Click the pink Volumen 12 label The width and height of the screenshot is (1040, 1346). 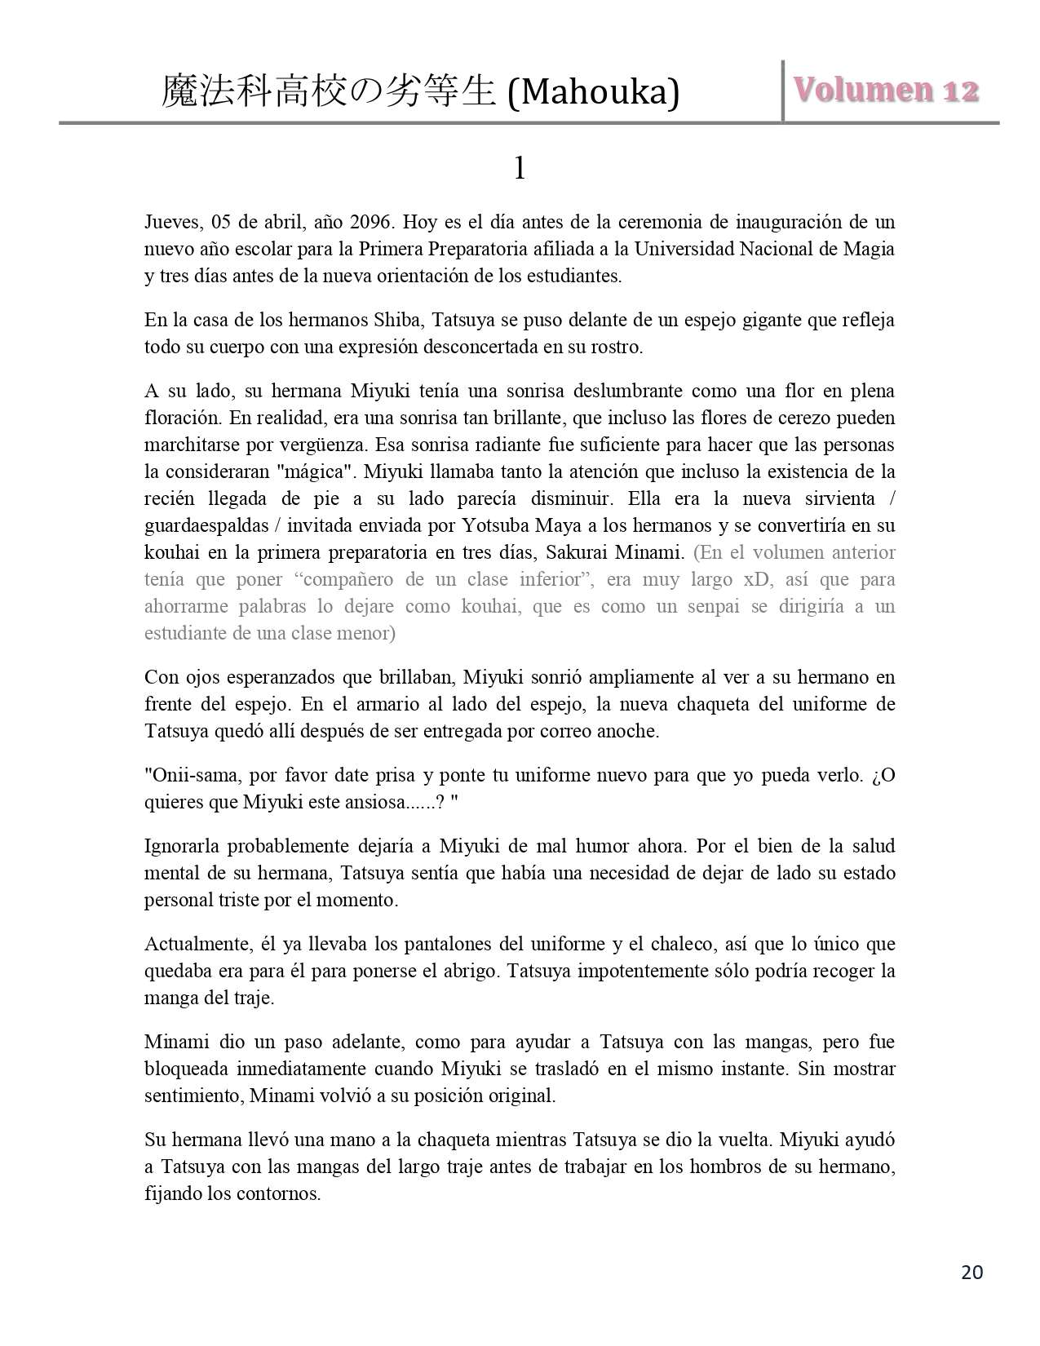point(885,90)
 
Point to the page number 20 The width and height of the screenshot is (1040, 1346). point(972,1272)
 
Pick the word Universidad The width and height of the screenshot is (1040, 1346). point(684,249)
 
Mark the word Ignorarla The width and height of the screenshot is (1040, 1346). point(182,846)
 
